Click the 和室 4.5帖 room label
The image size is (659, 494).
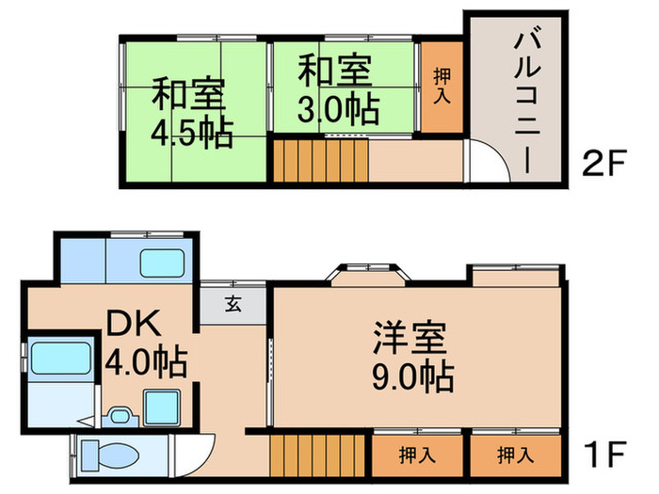click(191, 113)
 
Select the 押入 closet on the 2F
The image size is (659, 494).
click(441, 87)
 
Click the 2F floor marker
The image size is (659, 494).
click(603, 166)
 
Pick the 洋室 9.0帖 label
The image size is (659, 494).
click(412, 356)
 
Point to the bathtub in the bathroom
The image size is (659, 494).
click(59, 359)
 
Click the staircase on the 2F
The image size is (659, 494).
click(320, 159)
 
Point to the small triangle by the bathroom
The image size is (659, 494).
click(86, 423)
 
